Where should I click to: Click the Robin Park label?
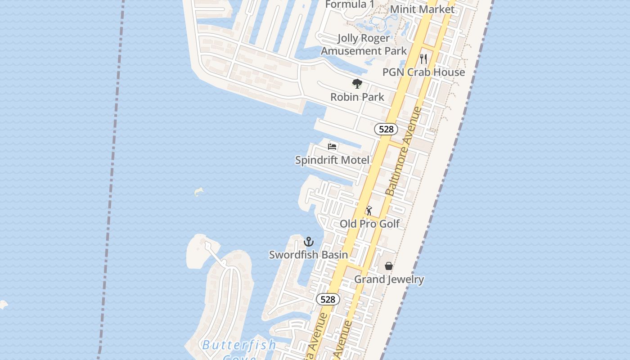357,97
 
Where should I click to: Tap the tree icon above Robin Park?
357,84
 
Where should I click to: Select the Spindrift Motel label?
332,160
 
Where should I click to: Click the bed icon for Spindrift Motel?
332,147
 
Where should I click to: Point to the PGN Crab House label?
423,72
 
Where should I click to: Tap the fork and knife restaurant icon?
423,58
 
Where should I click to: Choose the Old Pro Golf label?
369,224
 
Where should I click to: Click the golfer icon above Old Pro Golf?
369,210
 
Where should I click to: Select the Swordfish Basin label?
308,255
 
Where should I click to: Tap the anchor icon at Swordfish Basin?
308,242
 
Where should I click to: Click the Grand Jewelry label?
389,279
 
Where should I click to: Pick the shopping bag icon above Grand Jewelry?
389,266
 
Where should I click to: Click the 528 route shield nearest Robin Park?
386,130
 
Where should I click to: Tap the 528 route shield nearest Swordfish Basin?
328,299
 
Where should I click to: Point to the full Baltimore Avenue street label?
404,151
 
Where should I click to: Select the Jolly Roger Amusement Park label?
364,44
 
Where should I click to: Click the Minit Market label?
422,9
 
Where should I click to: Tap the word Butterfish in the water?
238,346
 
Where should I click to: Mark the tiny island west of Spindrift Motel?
198,192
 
